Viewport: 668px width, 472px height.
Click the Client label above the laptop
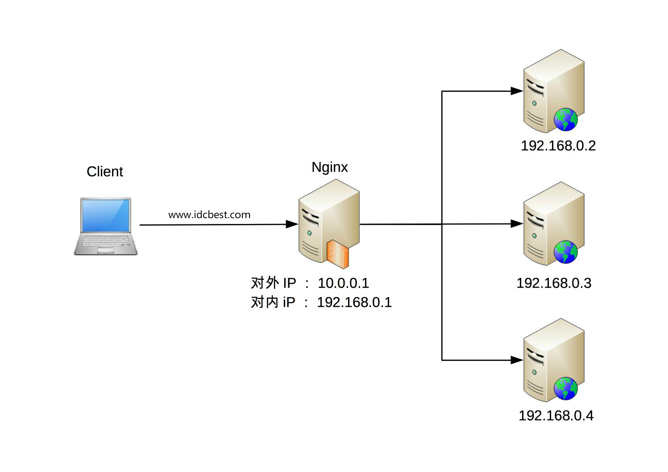coord(105,172)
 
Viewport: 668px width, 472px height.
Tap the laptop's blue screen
coord(106,215)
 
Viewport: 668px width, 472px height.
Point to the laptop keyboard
coord(106,241)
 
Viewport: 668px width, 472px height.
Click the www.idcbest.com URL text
coord(209,215)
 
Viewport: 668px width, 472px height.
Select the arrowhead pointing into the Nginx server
coord(292,224)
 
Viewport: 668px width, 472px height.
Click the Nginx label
coord(330,167)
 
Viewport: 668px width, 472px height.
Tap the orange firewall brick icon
coord(337,253)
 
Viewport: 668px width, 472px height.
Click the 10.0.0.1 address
coord(343,283)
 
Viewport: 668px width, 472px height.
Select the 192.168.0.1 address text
coord(354,302)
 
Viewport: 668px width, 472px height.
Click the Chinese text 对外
coord(265,283)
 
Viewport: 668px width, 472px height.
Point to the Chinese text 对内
coord(265,302)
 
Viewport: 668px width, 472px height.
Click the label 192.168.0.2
coord(558,146)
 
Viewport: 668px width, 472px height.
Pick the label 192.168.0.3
coord(554,283)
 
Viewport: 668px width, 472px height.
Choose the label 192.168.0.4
coord(556,416)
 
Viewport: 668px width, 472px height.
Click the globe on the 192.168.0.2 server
coord(566,119)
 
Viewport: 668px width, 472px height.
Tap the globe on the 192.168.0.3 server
coord(566,252)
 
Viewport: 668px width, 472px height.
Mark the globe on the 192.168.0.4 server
coord(566,389)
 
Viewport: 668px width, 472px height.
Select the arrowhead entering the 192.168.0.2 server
coord(517,91)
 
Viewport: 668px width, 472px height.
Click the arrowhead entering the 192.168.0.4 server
coord(517,360)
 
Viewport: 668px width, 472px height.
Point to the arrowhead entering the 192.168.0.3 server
coord(517,224)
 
